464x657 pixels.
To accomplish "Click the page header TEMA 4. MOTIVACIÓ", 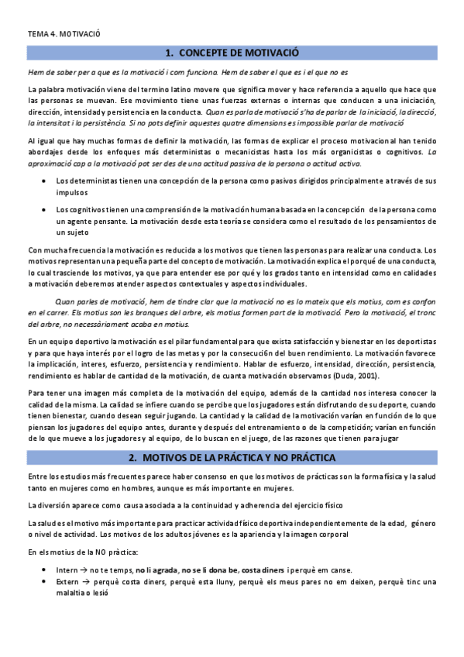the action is [x=64, y=35].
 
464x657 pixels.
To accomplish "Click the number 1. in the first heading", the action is [x=170, y=53].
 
